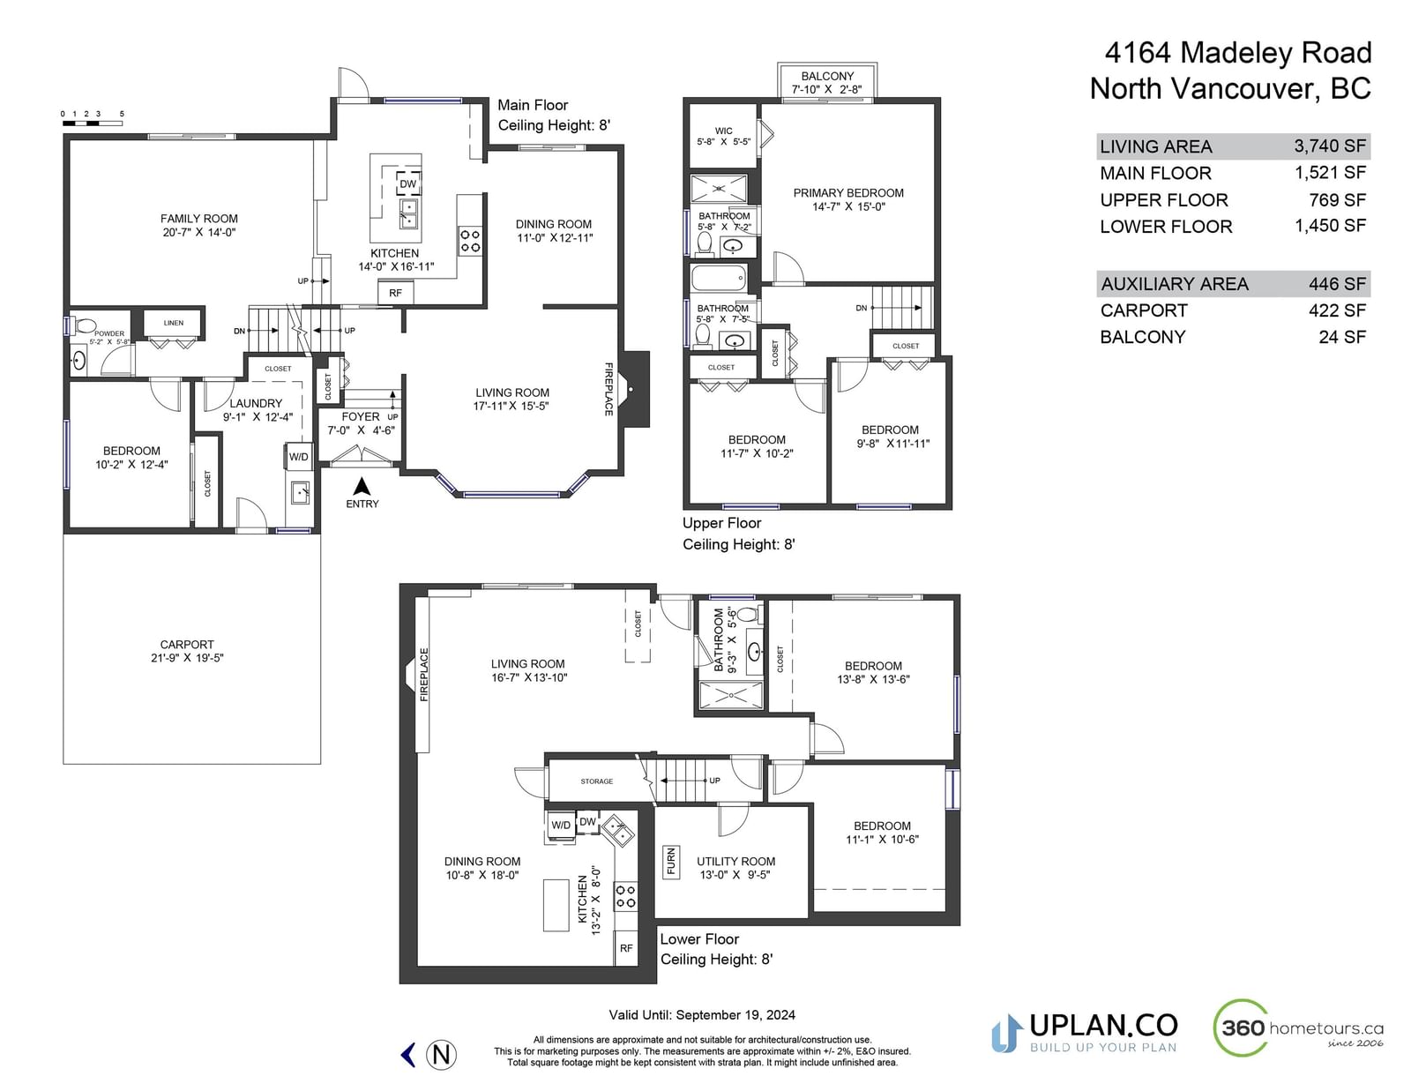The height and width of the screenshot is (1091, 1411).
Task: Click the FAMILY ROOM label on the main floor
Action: pos(198,219)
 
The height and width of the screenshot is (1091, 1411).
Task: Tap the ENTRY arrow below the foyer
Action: pos(362,487)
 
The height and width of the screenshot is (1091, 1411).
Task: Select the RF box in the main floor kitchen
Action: pos(395,293)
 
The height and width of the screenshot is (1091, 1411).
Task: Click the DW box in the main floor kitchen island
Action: pos(407,183)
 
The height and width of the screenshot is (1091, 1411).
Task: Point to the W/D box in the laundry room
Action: pos(299,457)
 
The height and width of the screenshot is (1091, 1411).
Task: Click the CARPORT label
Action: pos(187,644)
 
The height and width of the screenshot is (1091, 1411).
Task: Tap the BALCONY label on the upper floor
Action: pos(827,76)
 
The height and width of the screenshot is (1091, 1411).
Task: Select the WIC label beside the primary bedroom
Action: pos(723,131)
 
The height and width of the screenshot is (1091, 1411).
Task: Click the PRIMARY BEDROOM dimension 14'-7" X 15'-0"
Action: pos(848,207)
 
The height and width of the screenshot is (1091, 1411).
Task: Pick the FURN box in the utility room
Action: pos(671,861)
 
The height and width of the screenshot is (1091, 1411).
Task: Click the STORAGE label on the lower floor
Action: pos(597,781)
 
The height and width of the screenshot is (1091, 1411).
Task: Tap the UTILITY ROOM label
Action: pos(735,861)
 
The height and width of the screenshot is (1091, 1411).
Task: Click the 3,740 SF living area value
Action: pos(1330,146)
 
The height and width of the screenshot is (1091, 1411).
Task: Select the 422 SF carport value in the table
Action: pos(1338,310)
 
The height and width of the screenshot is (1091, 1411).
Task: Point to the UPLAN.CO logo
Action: pos(1085,1033)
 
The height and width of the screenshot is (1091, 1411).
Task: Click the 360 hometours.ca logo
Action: pos(1299,1028)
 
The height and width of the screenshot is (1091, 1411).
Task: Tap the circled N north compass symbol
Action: pos(441,1055)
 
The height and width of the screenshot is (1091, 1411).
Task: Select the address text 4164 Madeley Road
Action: pos(1238,53)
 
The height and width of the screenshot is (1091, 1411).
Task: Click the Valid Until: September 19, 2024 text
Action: pos(702,1015)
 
